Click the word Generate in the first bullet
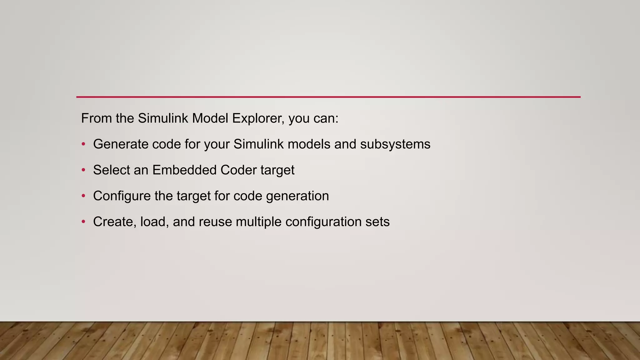[121, 144]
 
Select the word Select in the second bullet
[111, 170]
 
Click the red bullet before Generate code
[83, 144]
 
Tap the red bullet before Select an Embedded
[83, 170]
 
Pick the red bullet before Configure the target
[83, 196]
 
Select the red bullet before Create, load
[83, 222]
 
